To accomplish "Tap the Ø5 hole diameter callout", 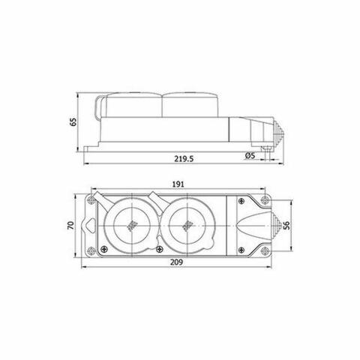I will (250, 156).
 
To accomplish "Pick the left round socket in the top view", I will (131, 225).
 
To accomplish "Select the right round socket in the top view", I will (185, 225).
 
